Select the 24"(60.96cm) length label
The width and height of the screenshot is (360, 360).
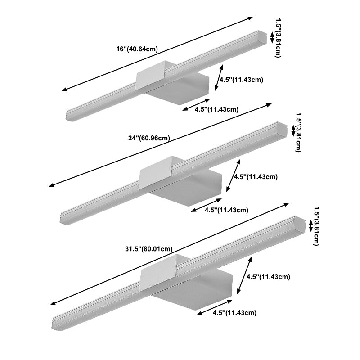coord(149,138)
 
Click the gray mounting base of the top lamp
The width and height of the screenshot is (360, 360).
coord(184,89)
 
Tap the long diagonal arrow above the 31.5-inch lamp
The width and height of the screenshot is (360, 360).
coord(169,254)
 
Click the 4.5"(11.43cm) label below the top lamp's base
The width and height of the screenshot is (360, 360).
coord(216,109)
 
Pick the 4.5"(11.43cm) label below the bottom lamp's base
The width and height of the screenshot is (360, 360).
coord(234,312)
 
